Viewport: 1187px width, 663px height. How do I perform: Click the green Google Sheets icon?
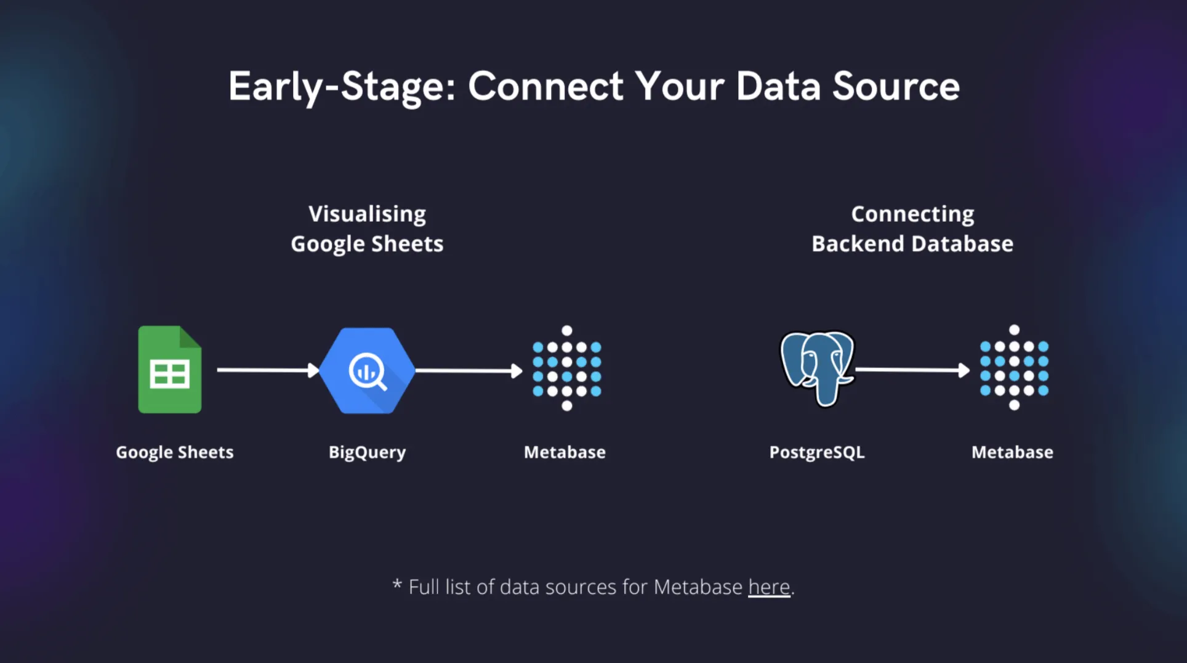pos(169,370)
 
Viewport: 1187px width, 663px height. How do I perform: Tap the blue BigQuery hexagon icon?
pos(368,370)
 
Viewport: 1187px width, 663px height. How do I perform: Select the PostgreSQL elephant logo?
pos(817,368)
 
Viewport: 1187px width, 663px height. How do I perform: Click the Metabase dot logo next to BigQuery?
pos(566,368)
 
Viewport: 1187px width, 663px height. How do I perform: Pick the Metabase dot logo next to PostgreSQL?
pos(1014,368)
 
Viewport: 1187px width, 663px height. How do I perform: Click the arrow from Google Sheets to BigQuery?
pos(268,370)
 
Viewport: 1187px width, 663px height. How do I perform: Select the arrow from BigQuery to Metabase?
pos(468,370)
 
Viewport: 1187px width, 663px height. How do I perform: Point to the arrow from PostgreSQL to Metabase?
pos(912,370)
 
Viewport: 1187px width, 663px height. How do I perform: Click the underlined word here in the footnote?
pos(769,587)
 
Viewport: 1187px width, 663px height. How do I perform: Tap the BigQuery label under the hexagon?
pos(367,452)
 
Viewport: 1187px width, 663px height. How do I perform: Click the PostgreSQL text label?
pos(817,452)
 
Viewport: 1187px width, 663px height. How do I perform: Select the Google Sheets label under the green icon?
pos(175,452)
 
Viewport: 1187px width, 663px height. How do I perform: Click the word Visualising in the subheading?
pos(367,214)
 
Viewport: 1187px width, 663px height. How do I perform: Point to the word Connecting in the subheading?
pos(912,214)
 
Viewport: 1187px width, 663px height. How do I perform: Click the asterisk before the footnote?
pos(397,584)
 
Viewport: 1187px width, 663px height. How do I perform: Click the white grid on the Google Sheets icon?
pos(169,374)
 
